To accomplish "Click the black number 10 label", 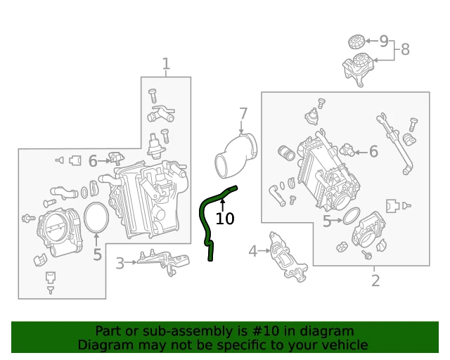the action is click(x=225, y=219).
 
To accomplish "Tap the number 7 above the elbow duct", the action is click(x=243, y=114).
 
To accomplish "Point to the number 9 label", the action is click(x=384, y=41).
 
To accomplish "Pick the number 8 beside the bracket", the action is click(x=405, y=49).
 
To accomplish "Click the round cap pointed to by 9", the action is click(x=356, y=42).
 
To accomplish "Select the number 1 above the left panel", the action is click(x=166, y=64).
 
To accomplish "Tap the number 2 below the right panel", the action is click(x=375, y=281).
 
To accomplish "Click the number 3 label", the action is click(x=120, y=263).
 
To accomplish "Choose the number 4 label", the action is click(x=252, y=251).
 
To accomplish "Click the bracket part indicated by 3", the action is click(x=164, y=262).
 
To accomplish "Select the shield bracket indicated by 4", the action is click(x=288, y=257).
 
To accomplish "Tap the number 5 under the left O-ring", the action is click(x=97, y=255).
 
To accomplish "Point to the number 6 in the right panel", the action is click(x=373, y=151).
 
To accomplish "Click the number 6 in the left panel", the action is click(x=93, y=161).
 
